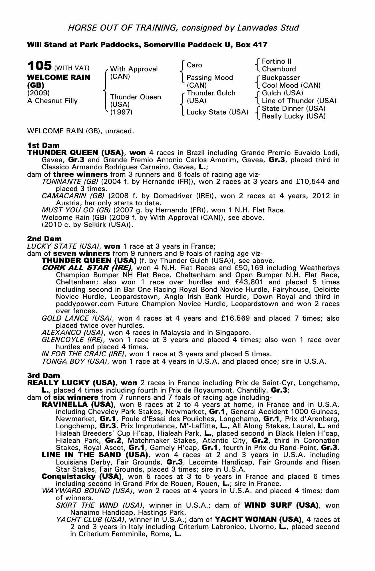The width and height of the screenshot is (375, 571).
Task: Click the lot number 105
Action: pyautogui.click(x=39, y=66)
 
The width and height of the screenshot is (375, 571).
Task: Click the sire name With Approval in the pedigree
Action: pyautogui.click(x=134, y=69)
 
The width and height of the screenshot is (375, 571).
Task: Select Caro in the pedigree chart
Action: pyautogui.click(x=194, y=65)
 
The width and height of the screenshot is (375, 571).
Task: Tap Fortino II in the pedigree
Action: pyautogui.click(x=277, y=61)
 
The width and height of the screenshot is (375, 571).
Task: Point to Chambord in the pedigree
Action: pyautogui.click(x=279, y=69)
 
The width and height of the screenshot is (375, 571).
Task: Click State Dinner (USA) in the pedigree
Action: pyautogui.click(x=294, y=108)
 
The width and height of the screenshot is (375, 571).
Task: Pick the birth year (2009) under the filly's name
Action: pyautogui.click(x=39, y=93)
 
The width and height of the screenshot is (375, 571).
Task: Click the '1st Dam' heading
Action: pyautogui.click(x=39, y=145)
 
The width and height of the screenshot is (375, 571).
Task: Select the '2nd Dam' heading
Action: pyautogui.click(x=44, y=238)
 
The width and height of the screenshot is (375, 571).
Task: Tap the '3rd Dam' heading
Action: pyautogui.click(x=44, y=375)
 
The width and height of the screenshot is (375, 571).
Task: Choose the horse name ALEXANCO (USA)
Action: pyautogui.click(x=72, y=333)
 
